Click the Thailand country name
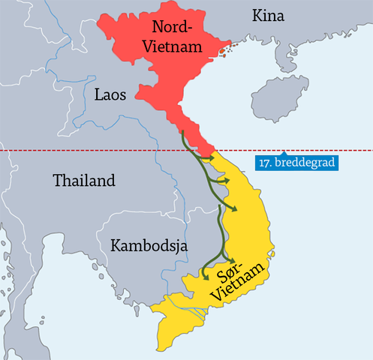(x=84, y=181)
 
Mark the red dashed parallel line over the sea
(x=330, y=151)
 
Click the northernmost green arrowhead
(x=212, y=158)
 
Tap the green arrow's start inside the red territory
(x=182, y=132)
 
